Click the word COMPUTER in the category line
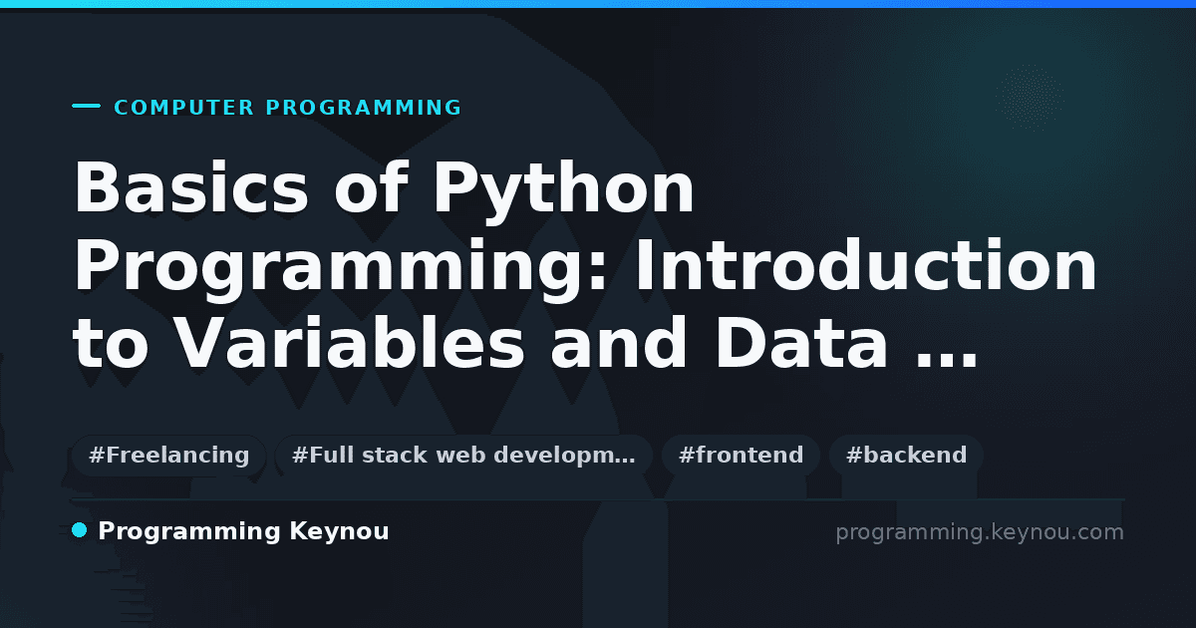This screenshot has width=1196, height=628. click(184, 108)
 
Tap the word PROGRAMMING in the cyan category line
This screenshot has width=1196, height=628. click(364, 108)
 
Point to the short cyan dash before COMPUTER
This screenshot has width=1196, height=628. click(86, 106)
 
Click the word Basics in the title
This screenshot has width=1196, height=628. click(191, 188)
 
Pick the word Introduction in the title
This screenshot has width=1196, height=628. click(866, 265)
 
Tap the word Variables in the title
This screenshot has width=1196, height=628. click(350, 342)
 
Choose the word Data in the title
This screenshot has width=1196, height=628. click(801, 342)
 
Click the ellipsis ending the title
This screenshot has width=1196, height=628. click(946, 362)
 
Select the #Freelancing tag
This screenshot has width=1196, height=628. click(168, 456)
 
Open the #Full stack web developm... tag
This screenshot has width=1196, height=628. click(463, 456)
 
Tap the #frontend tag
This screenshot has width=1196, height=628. click(741, 456)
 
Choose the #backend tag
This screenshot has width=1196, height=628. click(906, 456)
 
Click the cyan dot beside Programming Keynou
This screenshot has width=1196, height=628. click(79, 530)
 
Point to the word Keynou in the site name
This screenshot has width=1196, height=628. click(339, 532)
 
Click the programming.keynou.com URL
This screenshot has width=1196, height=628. click(980, 532)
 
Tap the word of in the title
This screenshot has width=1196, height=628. click(371, 187)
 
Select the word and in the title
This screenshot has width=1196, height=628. click(619, 342)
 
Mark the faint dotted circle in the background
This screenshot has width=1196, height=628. click(1030, 99)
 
